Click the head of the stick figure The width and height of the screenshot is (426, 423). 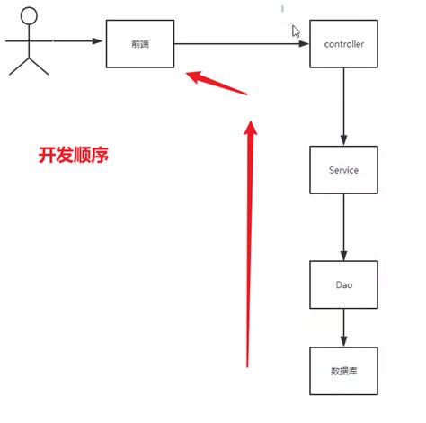(30, 16)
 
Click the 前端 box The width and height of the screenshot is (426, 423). (139, 41)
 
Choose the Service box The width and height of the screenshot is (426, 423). (342, 169)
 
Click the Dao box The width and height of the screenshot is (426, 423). (342, 285)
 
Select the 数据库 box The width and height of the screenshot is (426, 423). (342, 370)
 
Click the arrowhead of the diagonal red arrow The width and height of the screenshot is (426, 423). (191, 76)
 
